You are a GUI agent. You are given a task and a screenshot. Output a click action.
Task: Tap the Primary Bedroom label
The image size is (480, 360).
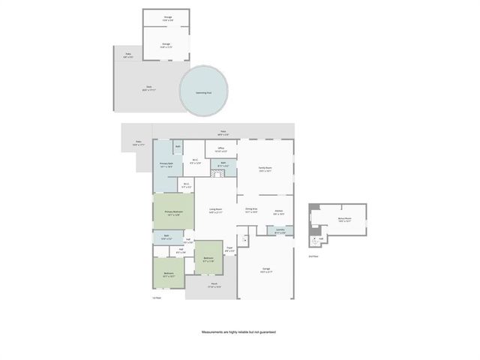tap(172, 212)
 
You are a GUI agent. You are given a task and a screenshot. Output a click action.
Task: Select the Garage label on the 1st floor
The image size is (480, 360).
tap(266, 268)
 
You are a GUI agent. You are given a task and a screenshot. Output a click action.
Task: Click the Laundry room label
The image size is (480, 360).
tap(280, 230)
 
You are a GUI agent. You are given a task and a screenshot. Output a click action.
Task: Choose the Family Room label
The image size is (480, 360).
tap(265, 169)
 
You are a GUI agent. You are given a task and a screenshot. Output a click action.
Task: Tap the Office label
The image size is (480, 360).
tap(221, 149)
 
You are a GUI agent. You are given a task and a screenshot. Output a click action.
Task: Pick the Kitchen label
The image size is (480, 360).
tap(277, 212)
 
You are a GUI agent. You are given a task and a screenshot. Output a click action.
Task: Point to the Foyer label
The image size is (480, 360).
tap(229, 250)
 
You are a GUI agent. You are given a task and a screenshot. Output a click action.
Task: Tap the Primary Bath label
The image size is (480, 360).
tap(166, 165)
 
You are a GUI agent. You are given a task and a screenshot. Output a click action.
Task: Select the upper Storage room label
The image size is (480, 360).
tap(166, 16)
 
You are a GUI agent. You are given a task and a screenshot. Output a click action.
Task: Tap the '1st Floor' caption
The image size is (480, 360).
tap(157, 298)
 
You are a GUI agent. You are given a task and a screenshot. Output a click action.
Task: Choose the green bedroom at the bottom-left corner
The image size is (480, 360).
tap(169, 274)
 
